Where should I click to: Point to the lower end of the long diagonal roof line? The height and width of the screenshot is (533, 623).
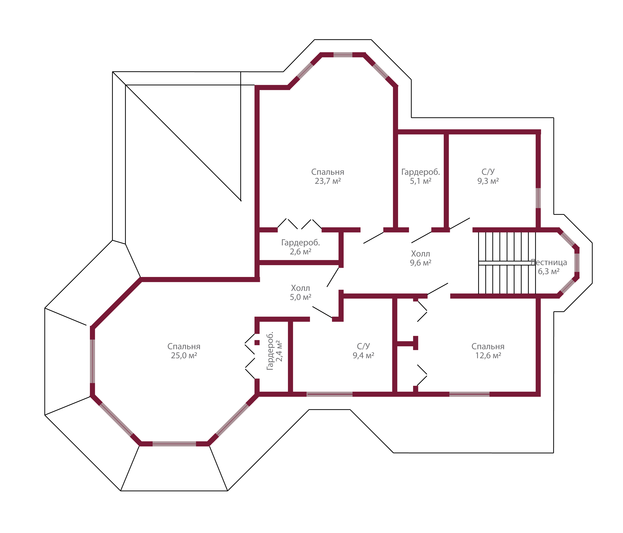coord(241,201)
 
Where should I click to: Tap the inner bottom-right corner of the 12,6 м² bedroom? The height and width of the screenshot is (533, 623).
coord(536,392)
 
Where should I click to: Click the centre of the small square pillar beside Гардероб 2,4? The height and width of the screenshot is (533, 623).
coord(257,343)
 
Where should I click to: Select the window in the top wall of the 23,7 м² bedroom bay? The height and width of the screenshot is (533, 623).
coord(343,55)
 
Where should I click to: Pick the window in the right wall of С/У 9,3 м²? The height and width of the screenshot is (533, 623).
coord(538,198)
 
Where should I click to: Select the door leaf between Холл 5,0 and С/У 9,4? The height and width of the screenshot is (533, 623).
coord(322,312)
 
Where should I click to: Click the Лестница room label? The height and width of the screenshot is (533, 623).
coord(549,262)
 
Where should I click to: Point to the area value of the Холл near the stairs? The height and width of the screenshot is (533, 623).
coord(421,263)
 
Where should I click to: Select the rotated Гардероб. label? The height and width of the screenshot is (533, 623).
coord(270,351)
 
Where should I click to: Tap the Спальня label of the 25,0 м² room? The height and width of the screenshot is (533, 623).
coord(184,346)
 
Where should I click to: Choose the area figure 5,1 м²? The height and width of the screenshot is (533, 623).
coord(421,181)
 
